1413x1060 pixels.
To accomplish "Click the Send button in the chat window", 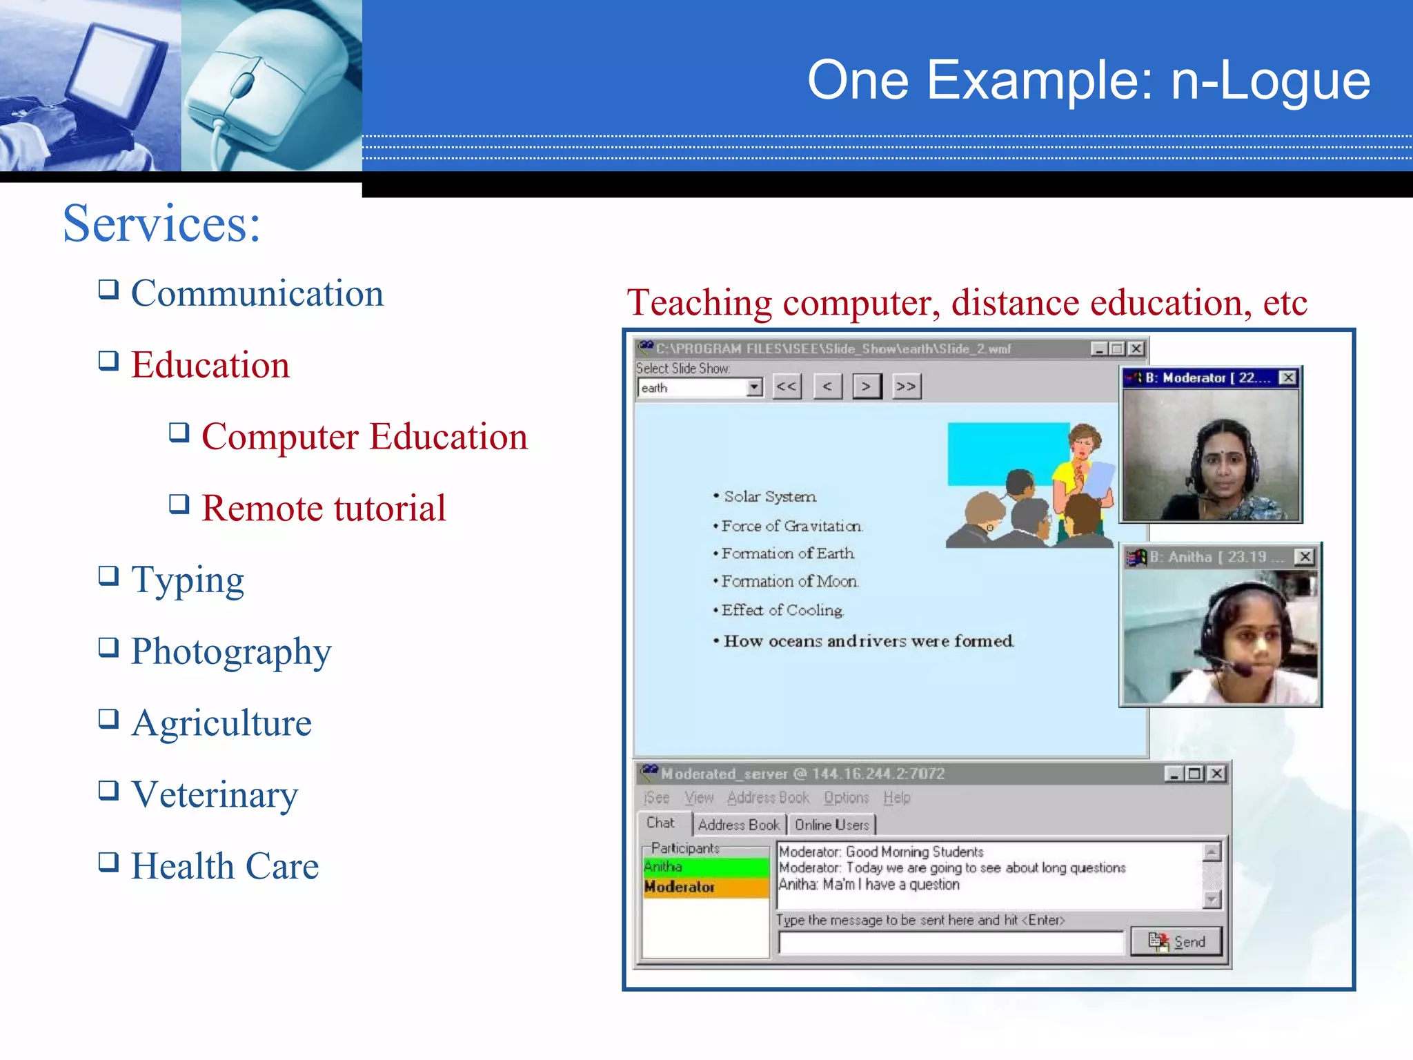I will (x=1176, y=941).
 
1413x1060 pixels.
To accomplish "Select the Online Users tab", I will (x=831, y=825).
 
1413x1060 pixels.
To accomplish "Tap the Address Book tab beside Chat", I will (x=738, y=825).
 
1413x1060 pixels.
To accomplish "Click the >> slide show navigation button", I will (x=906, y=386).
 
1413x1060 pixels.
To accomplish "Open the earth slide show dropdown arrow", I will (x=755, y=387).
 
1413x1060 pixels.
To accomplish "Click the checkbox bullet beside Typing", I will (x=108, y=575).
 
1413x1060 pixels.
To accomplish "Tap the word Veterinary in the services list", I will (x=215, y=794).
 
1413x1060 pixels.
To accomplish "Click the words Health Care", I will (x=225, y=865).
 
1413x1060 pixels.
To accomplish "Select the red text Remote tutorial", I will (x=324, y=508).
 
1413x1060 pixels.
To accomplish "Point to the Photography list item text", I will (x=231, y=651).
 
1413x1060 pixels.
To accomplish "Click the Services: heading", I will (x=162, y=224).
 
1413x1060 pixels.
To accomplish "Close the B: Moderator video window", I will (x=1287, y=377).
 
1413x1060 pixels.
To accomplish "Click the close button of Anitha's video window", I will (x=1304, y=557).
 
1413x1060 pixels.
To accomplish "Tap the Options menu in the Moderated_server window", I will (x=846, y=798).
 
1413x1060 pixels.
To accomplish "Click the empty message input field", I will (x=951, y=942).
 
